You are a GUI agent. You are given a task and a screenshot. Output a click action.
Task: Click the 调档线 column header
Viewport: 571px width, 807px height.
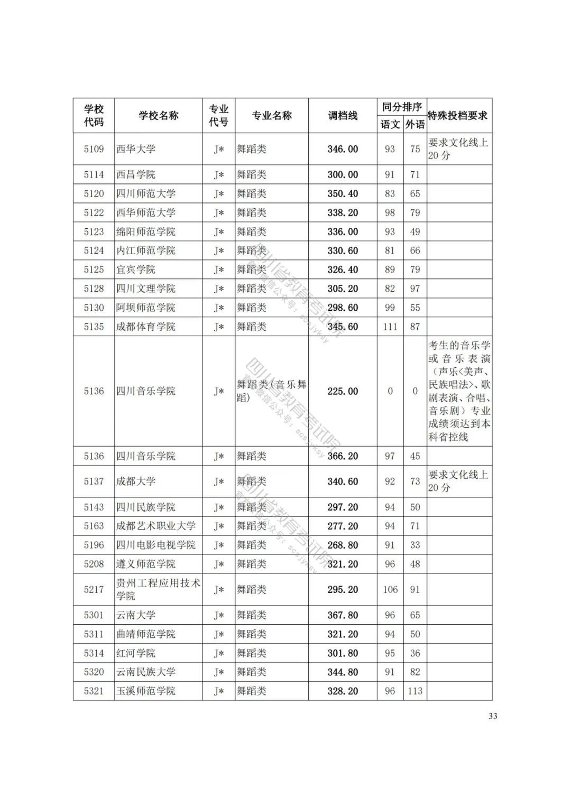343,116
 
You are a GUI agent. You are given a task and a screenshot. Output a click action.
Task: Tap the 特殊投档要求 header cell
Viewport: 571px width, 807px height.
458,116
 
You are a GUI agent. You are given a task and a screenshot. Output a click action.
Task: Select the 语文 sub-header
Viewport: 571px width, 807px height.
390,125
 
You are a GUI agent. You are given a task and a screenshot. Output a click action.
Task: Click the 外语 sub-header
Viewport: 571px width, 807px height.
415,125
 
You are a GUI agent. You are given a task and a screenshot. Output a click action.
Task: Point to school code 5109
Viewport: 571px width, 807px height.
94,149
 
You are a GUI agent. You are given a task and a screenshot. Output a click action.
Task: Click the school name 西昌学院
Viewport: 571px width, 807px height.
136,174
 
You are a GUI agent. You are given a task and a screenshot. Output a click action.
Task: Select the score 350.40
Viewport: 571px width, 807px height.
343,193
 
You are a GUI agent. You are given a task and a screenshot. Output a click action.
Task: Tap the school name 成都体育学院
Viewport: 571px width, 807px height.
146,327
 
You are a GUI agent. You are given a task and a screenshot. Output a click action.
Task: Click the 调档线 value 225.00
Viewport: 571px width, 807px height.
343,392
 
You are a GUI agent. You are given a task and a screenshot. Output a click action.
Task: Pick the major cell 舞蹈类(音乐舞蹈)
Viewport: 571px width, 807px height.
271,391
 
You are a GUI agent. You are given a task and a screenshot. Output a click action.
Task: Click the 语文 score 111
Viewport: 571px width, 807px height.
390,327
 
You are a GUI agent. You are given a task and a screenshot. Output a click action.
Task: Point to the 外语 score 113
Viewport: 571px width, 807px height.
415,691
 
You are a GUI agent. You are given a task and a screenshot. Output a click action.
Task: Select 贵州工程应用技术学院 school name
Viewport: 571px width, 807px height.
158,589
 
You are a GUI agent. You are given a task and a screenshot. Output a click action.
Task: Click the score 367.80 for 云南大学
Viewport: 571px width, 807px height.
343,615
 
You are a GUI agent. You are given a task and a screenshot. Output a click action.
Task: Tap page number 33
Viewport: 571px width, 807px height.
493,717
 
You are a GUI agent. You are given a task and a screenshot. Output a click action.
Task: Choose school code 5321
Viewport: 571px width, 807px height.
94,691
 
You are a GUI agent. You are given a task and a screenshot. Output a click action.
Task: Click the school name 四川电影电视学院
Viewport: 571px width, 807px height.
156,545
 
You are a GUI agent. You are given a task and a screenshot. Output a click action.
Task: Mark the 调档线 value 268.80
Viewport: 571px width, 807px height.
343,545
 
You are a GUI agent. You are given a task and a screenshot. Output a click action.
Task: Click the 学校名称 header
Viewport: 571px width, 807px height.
159,116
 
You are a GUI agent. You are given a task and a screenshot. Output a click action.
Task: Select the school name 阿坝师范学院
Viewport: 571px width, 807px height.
146,308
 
